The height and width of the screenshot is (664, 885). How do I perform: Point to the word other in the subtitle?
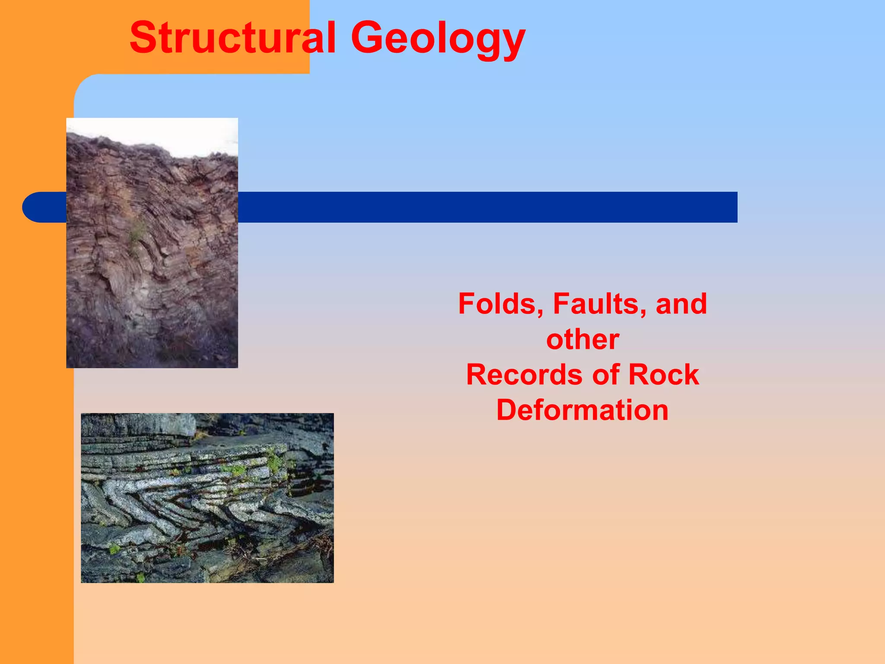coord(583,339)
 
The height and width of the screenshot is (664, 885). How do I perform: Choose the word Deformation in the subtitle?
coord(583,410)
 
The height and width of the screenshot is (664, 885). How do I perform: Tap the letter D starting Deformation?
coord(507,410)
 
